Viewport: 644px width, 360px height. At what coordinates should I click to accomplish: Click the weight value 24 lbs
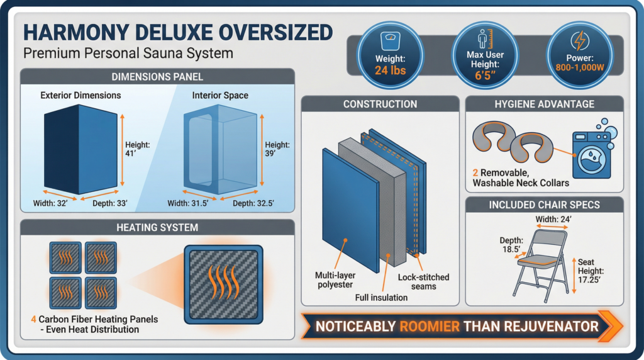pyautogui.click(x=390, y=70)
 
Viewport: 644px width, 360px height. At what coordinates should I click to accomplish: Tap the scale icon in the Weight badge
pyautogui.click(x=390, y=40)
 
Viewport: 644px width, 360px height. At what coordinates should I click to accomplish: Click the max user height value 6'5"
pyautogui.click(x=485, y=77)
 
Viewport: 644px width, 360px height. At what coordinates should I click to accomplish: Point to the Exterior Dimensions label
pyautogui.click(x=80, y=96)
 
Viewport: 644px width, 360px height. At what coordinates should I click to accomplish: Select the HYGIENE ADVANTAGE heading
pyautogui.click(x=543, y=104)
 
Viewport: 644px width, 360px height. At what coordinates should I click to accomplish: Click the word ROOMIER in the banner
pyautogui.click(x=429, y=327)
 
